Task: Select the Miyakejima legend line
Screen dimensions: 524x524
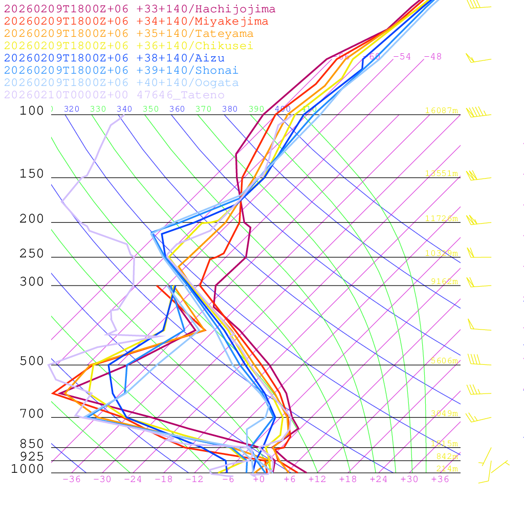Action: [x=136, y=21]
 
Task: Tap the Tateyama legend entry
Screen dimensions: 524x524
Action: [x=128, y=34]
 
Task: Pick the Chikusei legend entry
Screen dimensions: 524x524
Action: [x=128, y=46]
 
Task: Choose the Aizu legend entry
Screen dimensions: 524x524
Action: [x=114, y=58]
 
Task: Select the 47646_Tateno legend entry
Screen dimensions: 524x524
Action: [x=114, y=95]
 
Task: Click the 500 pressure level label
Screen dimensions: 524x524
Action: [x=32, y=361]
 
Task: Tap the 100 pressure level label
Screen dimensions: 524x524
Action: [x=32, y=111]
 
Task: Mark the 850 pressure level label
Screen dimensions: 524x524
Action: [x=32, y=444]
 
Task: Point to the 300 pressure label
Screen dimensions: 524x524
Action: [x=32, y=282]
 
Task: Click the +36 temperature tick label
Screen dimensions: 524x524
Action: [x=440, y=479]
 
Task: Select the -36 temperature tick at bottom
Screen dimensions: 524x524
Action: [x=72, y=479]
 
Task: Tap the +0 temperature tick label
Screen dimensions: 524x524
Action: [x=259, y=479]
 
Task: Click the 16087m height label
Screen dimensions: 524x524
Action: [x=441, y=111]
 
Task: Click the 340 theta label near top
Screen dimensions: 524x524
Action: [x=124, y=109]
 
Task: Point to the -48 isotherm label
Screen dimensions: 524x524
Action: [x=433, y=57]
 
